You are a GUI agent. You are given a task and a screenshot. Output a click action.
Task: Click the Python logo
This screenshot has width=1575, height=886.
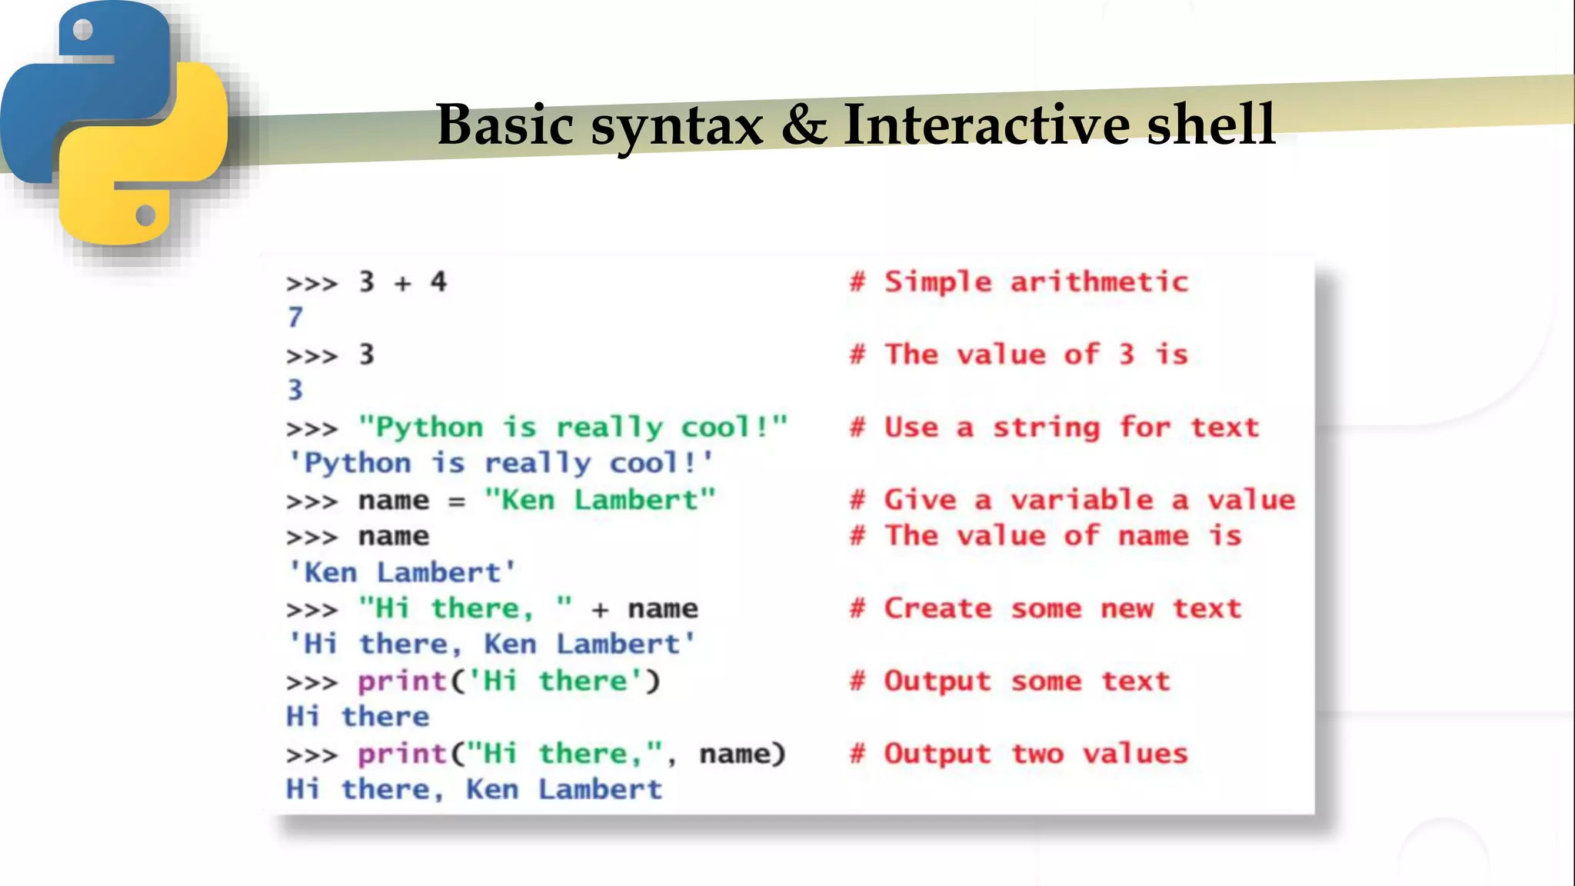115,123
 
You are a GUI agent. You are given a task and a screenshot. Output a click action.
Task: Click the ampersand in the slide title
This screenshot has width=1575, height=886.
804,125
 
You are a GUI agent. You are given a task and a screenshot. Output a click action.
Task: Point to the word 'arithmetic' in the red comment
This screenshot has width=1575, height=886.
1099,282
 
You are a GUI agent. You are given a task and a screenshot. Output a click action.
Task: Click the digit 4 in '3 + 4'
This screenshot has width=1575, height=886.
438,282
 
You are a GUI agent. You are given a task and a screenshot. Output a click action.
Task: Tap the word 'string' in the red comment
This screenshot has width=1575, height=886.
1046,428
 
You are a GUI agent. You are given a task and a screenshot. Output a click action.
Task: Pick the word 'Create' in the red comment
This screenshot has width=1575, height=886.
937,609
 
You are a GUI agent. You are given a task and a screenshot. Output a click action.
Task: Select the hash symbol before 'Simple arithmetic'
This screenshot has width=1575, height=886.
857,282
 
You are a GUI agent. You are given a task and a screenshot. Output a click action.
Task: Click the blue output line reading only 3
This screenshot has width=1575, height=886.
295,391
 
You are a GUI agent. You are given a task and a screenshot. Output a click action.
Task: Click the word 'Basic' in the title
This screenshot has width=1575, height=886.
504,125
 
